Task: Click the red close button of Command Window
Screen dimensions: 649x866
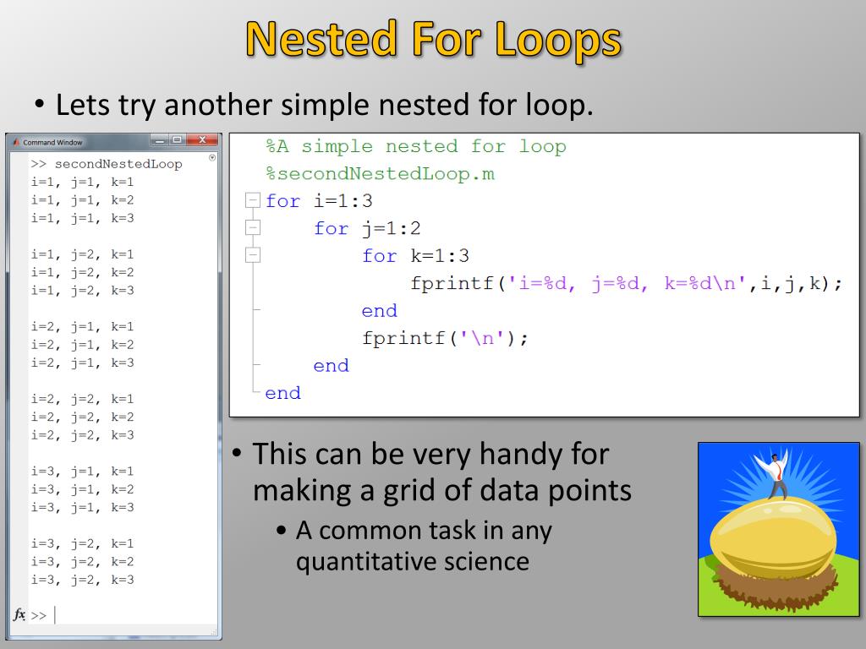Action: click(201, 140)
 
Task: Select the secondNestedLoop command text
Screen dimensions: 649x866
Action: click(118, 164)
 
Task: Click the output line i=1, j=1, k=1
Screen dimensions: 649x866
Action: click(82, 182)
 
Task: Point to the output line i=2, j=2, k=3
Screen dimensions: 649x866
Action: click(82, 435)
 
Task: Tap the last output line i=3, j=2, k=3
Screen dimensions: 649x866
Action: click(82, 580)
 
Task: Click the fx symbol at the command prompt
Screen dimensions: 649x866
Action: click(19, 614)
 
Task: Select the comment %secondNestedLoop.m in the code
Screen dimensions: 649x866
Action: click(380, 174)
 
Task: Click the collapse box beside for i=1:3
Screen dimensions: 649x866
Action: click(251, 201)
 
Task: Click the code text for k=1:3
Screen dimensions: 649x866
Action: click(415, 256)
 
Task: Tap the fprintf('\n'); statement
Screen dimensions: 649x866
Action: click(445, 338)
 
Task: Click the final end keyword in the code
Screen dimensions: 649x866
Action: click(282, 393)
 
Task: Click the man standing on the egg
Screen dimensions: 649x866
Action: click(776, 473)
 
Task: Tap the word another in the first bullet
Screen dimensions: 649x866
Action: click(218, 105)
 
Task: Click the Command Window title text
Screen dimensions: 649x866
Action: click(52, 142)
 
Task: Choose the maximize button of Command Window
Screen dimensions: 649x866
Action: click(176, 140)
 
